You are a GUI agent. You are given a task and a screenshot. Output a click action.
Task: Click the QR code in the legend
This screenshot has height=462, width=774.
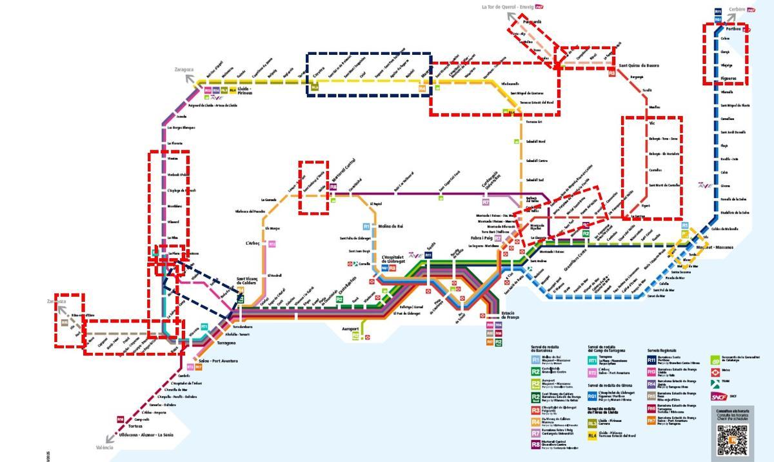tap(731, 439)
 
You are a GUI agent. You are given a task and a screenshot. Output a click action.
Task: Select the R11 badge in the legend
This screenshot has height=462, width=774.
tap(651, 359)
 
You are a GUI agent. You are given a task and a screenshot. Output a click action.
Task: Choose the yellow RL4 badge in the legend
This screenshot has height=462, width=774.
tap(591, 436)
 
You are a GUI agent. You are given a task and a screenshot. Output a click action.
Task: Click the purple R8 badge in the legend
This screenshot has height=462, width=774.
tap(535, 444)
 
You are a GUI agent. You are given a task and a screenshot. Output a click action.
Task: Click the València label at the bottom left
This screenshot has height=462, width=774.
tap(104, 448)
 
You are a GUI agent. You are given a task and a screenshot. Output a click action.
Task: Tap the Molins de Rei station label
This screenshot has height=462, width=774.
tap(390, 226)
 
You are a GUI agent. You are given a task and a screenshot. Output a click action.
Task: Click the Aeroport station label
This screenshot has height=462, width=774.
tap(350, 329)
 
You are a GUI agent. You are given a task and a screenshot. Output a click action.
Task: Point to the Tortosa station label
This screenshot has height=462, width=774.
tap(135, 427)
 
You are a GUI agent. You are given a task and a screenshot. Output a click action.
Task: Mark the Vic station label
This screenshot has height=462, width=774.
tap(652, 123)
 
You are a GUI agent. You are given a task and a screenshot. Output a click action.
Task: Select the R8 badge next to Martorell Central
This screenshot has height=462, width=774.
tap(333, 187)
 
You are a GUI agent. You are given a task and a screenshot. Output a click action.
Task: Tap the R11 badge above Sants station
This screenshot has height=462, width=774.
tap(428, 256)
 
